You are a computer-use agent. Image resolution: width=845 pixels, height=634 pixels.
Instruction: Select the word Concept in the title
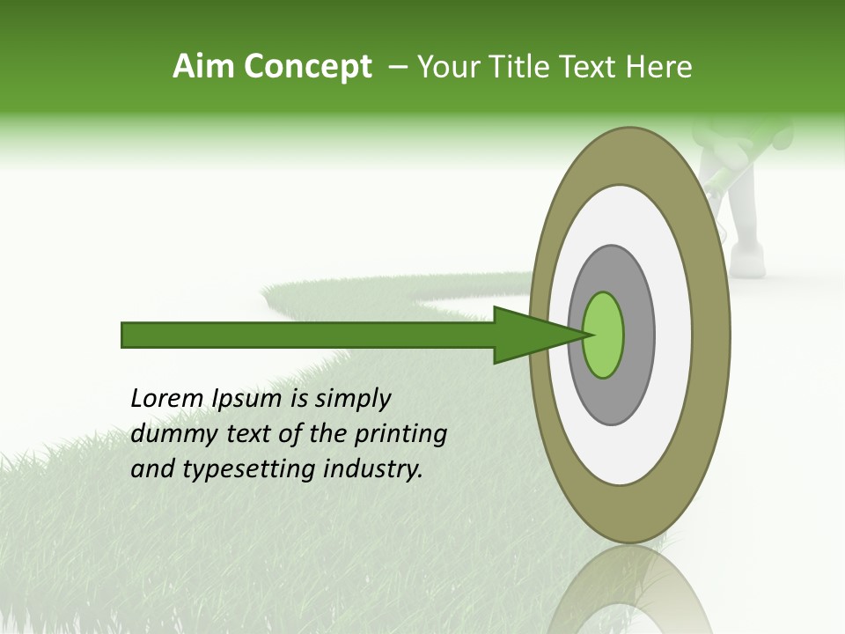click(305, 67)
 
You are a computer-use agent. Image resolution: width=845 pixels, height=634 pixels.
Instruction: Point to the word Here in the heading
click(659, 67)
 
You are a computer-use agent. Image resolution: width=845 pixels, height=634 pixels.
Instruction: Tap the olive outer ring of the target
click(709, 335)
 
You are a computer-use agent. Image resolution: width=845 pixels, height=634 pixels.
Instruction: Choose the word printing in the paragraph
click(403, 435)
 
